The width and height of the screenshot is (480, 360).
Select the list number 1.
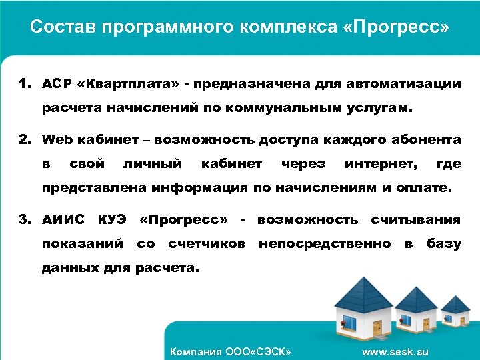pos(25,84)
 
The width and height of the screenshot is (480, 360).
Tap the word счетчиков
pos(207,244)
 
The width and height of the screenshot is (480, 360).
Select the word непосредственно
pos(325,244)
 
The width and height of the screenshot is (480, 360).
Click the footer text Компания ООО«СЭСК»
pos(231,351)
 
